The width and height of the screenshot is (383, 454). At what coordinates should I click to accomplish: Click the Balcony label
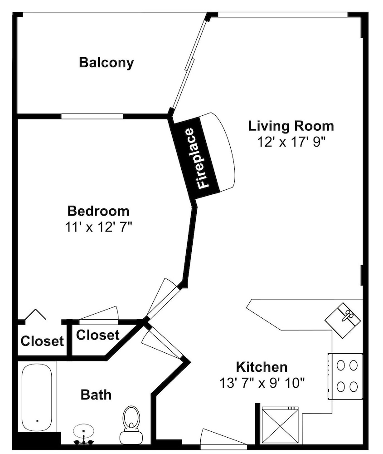[x=107, y=63]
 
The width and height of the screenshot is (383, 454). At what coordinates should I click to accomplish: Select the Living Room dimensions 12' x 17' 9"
[x=291, y=142]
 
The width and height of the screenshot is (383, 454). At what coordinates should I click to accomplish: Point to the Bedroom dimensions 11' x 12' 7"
[x=98, y=227]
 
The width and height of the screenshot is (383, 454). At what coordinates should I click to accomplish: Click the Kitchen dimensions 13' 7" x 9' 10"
[x=262, y=383]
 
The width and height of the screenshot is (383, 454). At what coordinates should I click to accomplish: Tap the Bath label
[x=96, y=395]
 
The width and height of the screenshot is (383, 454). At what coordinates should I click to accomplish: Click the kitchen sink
[x=343, y=320]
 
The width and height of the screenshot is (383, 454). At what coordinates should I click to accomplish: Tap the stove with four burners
[x=345, y=376]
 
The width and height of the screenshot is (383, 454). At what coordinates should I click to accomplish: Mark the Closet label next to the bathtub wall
[x=42, y=341]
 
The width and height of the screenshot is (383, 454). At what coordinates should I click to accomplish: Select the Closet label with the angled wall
[x=98, y=335]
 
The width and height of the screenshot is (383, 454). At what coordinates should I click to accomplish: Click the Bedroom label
[x=98, y=211]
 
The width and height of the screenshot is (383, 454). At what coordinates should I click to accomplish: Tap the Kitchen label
[x=262, y=367]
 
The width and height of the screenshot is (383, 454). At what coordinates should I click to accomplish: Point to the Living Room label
[x=291, y=126]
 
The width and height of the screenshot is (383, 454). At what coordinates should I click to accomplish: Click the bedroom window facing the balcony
[x=92, y=116]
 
